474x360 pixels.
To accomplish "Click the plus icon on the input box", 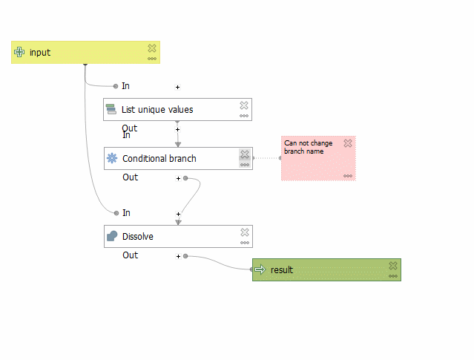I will tap(20, 53).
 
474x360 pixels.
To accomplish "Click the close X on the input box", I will tap(152, 48).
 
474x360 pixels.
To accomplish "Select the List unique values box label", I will tap(157, 110).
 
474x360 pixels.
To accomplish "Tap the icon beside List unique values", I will tap(111, 110).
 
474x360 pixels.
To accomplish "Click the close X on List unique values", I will tap(244, 106).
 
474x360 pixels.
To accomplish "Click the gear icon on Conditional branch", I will tap(112, 158).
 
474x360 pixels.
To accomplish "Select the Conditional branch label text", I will tap(159, 159).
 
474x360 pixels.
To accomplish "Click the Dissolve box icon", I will tap(112, 237).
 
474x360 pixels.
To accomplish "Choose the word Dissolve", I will tap(138, 237).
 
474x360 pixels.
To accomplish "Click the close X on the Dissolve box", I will tap(244, 233).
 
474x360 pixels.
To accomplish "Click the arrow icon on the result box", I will tap(260, 270).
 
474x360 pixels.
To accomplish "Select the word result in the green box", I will tap(282, 270).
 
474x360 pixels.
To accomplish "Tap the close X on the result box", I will tap(393, 266).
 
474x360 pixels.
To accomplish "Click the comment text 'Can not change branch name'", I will tap(308, 147).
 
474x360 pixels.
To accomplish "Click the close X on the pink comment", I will tap(348, 143).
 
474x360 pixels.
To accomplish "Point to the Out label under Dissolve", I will tap(130, 255).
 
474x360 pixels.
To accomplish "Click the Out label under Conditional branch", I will tap(130, 177).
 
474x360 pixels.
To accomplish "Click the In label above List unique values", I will tap(126, 86).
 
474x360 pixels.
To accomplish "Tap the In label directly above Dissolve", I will tap(126, 213).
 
